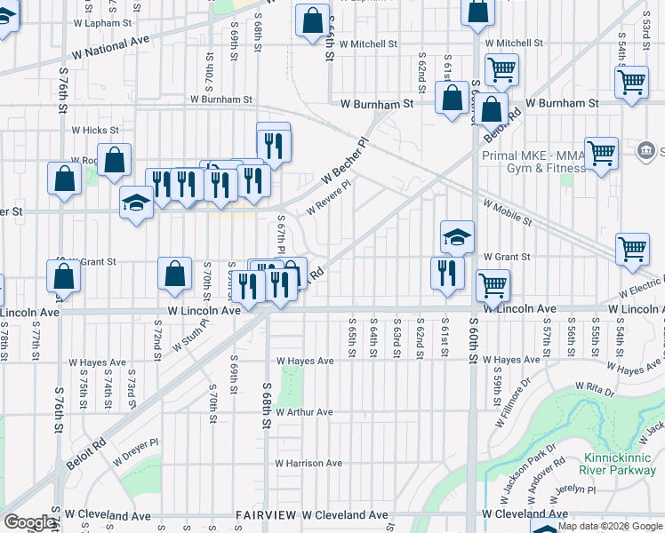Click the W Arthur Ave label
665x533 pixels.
coord(304,412)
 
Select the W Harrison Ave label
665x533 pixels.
coord(308,463)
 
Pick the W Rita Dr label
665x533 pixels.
coord(594,387)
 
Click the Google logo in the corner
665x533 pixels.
coord(29,522)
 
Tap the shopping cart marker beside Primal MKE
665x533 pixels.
coord(602,154)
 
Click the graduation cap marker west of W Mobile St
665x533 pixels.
coord(457,236)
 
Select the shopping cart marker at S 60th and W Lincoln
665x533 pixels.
coord(493,285)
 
